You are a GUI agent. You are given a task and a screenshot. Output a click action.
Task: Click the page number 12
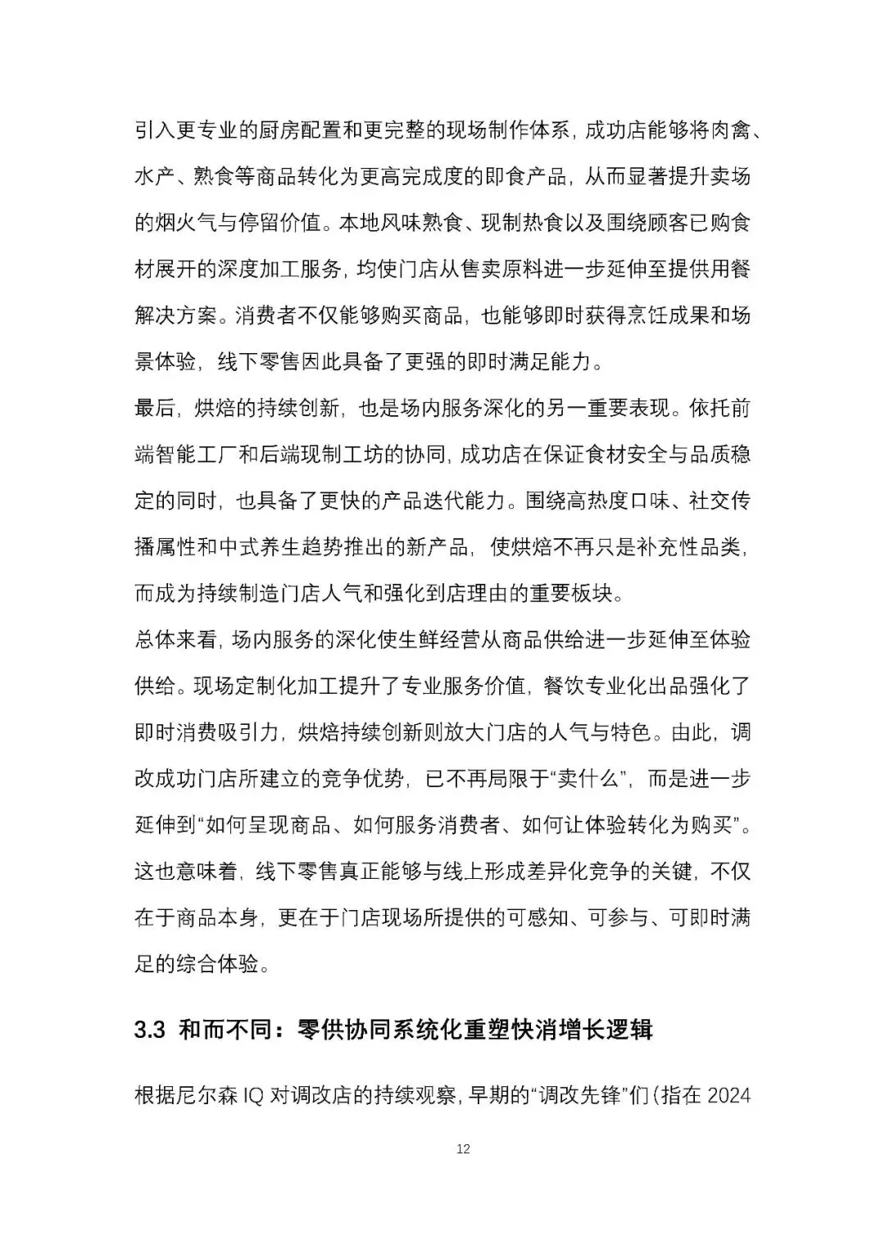click(x=463, y=1149)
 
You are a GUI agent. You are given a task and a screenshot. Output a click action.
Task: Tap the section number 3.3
click(x=150, y=1030)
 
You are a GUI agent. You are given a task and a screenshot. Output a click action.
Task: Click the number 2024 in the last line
click(x=728, y=1095)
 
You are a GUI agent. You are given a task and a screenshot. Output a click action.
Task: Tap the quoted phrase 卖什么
click(x=590, y=778)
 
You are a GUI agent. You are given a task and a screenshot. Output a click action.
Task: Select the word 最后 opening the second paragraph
click(x=155, y=408)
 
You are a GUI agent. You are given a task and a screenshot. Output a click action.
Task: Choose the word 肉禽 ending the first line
click(x=729, y=130)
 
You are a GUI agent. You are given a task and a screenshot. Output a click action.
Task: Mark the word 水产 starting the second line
click(x=155, y=176)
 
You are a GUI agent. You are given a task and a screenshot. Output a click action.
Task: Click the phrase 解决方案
click(x=175, y=315)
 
